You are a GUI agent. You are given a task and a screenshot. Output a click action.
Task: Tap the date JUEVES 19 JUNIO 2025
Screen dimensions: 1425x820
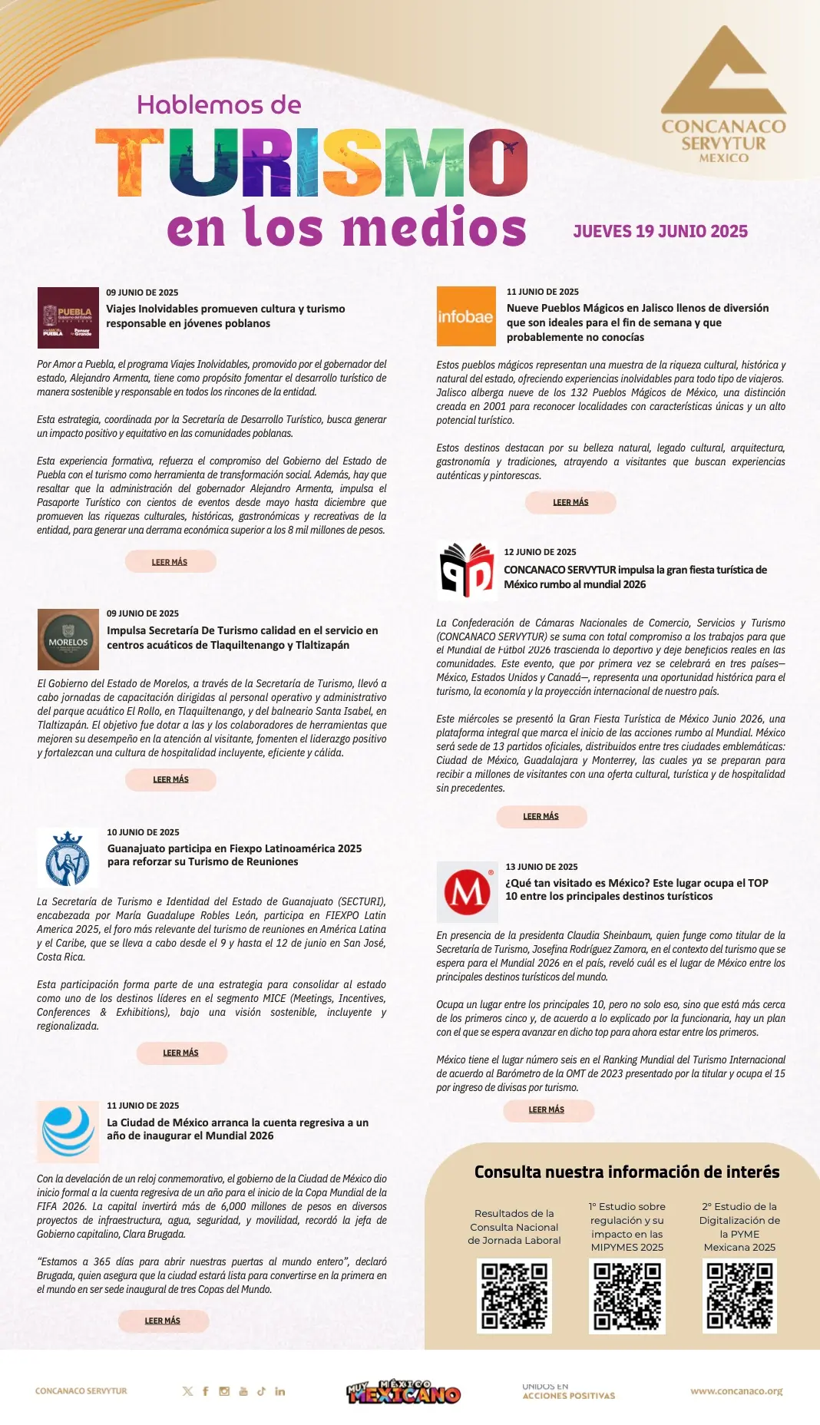(660, 231)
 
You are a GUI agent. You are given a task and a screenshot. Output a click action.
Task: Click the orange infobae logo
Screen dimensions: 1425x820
(465, 316)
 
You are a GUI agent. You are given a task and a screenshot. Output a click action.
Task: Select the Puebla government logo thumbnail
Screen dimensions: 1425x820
(68, 317)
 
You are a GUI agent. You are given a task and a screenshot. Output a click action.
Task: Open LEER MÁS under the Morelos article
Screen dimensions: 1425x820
(170, 779)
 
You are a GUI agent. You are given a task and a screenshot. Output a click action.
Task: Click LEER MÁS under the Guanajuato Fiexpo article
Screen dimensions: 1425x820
(181, 1053)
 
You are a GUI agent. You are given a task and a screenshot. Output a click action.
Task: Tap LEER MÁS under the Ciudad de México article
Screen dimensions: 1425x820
(163, 1321)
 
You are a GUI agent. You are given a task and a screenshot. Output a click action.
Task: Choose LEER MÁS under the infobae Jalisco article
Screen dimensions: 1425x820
(570, 502)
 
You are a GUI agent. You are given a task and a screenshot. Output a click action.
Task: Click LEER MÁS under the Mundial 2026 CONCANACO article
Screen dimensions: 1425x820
(541, 816)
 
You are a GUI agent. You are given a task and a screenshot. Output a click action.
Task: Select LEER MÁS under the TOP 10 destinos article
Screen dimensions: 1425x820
(547, 1109)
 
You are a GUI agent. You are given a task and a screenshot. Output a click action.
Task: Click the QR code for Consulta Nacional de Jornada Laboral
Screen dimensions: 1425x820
(514, 1295)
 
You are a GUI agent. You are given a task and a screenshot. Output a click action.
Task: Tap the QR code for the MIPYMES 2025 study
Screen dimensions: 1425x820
(627, 1295)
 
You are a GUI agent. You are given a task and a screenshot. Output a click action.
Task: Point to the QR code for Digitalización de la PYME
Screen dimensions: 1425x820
(739, 1295)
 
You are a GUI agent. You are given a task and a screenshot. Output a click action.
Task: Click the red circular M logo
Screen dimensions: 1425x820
(467, 892)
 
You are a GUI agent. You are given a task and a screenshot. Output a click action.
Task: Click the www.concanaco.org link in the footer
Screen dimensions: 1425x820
(736, 1390)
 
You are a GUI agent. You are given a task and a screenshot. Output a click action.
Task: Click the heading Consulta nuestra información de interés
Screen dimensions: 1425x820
(627, 1172)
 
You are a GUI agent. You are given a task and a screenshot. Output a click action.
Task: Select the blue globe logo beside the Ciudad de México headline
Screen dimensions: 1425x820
(68, 1131)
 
